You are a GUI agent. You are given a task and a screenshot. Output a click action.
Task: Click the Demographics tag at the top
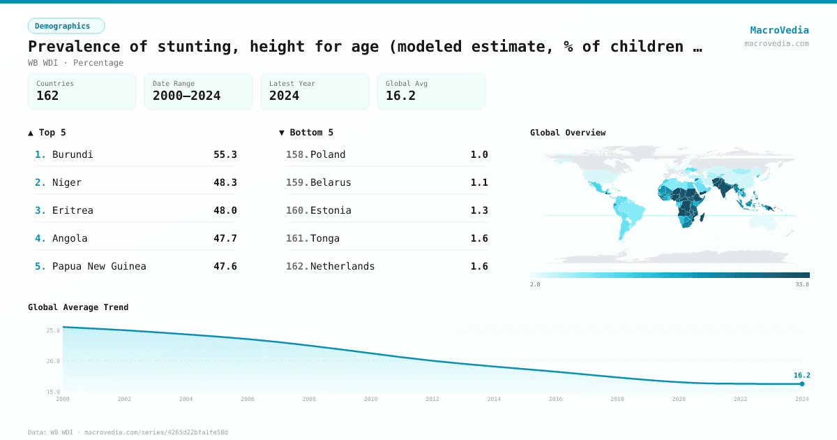[x=66, y=26]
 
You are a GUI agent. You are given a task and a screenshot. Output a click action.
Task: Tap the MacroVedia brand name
[x=779, y=30]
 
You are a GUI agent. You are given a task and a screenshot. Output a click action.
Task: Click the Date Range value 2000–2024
[x=186, y=96]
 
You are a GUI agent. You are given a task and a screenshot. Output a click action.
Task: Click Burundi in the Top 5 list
[x=73, y=154]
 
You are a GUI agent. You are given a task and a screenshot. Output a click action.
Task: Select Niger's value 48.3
[x=225, y=182]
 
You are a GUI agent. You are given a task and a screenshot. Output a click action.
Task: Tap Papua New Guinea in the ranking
[x=99, y=266]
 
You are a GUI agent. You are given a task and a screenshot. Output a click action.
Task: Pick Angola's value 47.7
[x=225, y=238]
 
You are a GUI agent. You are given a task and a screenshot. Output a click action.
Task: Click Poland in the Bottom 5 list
[x=328, y=154]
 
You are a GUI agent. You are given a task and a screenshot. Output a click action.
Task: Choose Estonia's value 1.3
[x=479, y=210]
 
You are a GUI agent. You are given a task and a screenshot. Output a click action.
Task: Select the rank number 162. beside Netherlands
[x=297, y=266]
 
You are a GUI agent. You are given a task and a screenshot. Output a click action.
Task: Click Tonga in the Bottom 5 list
[x=325, y=238]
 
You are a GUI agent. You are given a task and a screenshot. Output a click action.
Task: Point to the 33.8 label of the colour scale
[x=802, y=284]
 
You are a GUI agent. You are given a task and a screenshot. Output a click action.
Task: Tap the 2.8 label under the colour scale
[x=535, y=284]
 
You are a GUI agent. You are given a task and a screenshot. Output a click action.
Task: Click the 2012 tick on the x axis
[x=432, y=399]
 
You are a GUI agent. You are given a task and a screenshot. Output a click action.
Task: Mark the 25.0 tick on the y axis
[x=53, y=330]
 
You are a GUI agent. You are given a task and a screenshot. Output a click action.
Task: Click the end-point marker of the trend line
[x=802, y=383]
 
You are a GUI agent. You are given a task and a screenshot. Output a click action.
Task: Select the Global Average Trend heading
[x=78, y=307]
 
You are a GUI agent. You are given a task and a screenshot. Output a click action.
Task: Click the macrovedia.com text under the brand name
[x=776, y=43]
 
